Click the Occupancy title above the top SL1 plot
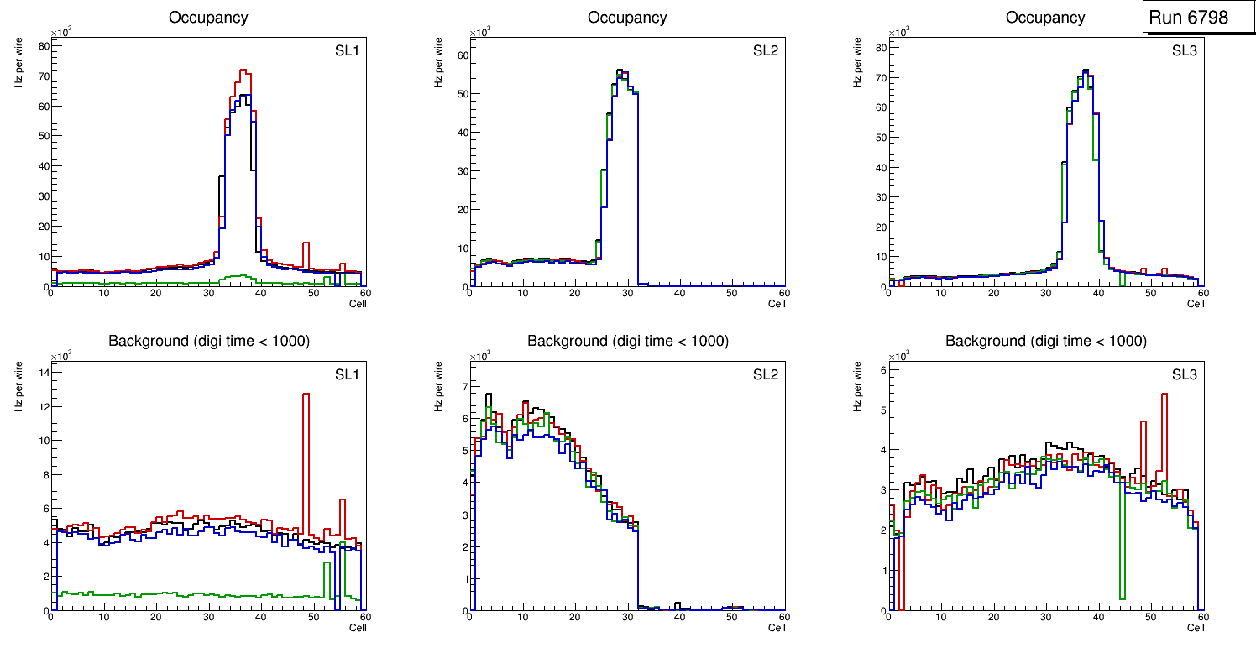(208, 18)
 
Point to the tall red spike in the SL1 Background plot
(306, 395)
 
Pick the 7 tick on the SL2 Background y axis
(461, 387)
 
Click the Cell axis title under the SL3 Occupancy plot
(1195, 304)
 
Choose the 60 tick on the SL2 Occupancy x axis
(783, 293)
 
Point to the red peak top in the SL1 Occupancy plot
(243, 71)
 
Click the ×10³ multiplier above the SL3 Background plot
(900, 356)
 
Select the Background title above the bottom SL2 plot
(627, 341)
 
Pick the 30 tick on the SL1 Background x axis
(208, 617)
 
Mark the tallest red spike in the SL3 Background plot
(1164, 395)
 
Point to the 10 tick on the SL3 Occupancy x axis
(941, 293)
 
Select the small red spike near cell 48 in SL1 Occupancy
(306, 244)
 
